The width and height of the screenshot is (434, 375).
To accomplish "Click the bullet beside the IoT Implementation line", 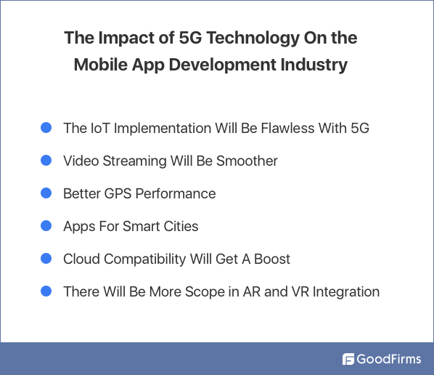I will pos(46,128).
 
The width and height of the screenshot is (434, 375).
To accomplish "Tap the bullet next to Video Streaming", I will pos(46,161).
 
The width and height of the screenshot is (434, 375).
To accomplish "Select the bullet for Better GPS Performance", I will pos(46,193).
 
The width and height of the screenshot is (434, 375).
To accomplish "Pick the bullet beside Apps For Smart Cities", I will pos(46,226).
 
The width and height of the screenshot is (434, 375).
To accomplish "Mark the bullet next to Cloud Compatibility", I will pos(46,259).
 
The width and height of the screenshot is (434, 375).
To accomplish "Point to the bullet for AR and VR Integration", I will pos(46,291).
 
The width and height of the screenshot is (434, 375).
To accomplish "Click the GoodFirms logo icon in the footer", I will pos(348,359).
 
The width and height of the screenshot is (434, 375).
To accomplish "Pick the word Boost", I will pos(271,259).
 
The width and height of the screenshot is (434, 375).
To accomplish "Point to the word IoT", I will pos(100,129).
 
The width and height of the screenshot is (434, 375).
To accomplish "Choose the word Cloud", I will pos(82,259).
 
